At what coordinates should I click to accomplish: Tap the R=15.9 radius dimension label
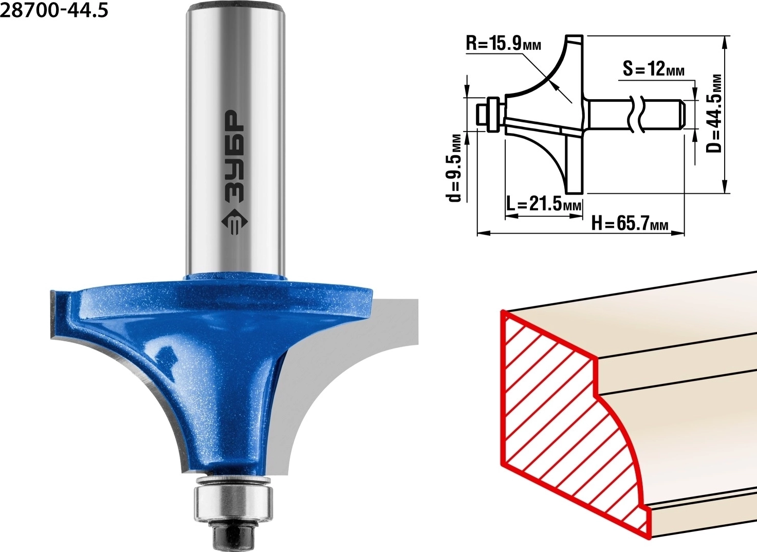[x=503, y=44]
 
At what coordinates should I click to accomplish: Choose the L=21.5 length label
[x=544, y=204]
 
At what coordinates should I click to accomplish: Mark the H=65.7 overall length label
[x=630, y=224]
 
